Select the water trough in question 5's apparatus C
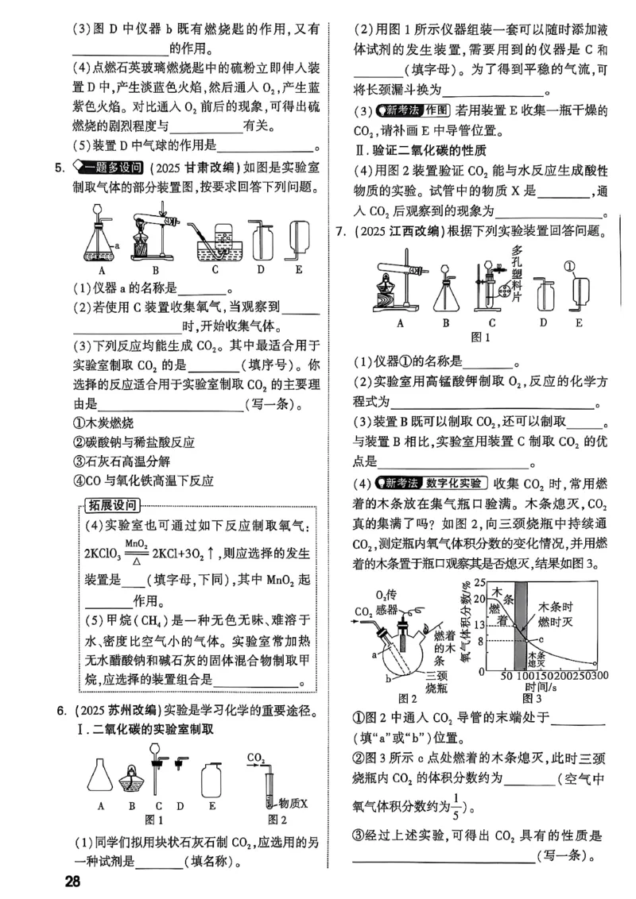click(215, 246)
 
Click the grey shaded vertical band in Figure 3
click(520, 627)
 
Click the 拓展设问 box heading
click(114, 505)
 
